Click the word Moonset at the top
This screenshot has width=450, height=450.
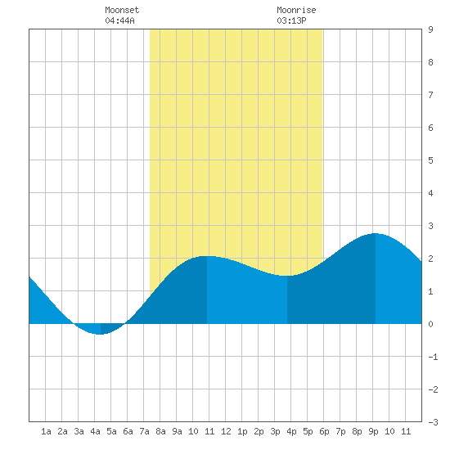tap(122, 10)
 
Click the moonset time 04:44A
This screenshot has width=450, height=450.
tap(119, 20)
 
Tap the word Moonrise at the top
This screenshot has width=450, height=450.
tap(296, 10)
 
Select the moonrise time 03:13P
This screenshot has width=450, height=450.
tap(291, 20)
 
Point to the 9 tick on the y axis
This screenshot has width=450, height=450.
tap(430, 29)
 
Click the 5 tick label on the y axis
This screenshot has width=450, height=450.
tap(430, 160)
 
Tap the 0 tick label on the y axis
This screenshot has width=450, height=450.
tap(430, 324)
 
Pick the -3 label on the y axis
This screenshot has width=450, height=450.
tap(433, 422)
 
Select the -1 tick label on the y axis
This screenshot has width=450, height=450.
tap(433, 357)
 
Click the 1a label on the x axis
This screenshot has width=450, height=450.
tap(46, 431)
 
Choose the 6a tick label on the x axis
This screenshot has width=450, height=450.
tap(128, 431)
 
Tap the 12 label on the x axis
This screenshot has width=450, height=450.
tap(226, 431)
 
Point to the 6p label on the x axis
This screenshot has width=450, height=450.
tap(324, 431)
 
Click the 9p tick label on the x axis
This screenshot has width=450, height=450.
tap(373, 431)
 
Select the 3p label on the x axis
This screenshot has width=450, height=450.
tap(275, 431)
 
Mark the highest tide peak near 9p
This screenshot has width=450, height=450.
tap(376, 234)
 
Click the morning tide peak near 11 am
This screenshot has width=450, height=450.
tap(207, 256)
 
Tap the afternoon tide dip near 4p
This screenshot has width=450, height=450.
tap(287, 276)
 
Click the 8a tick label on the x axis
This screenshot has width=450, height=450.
tap(160, 431)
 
